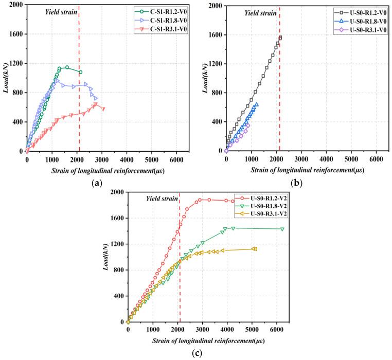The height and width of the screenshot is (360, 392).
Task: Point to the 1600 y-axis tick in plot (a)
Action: tap(15, 34)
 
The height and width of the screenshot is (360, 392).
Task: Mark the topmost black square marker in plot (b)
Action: tap(280, 37)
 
